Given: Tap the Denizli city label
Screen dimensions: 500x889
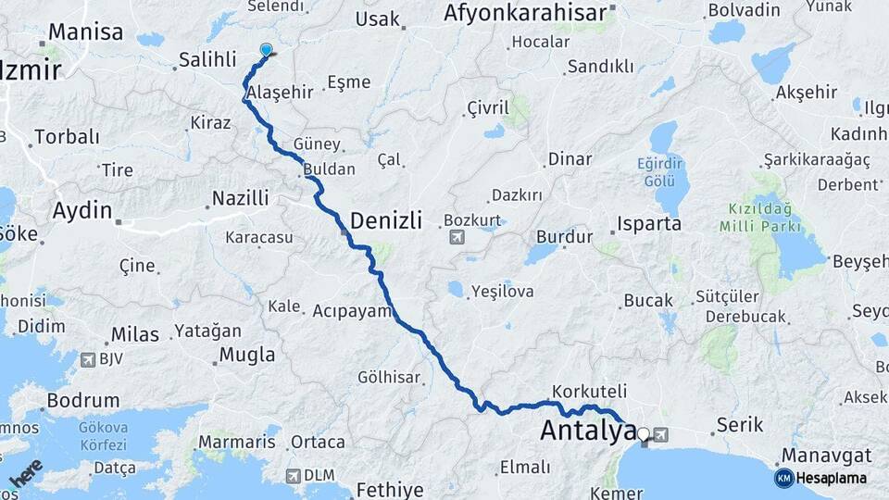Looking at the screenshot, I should point(386,221).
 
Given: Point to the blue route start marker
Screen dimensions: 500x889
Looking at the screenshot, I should point(267,51).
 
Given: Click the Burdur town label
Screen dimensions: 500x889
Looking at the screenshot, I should point(564,237).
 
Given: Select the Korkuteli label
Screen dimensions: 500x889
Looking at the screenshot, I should point(589,391).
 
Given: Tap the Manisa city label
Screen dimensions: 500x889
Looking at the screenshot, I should point(85,32).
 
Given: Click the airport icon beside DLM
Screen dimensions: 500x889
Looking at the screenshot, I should point(294,476).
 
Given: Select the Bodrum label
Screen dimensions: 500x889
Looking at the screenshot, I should point(82,402).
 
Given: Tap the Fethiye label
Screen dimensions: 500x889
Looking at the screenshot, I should point(389,490).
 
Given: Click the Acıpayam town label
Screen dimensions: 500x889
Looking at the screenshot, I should point(353,311).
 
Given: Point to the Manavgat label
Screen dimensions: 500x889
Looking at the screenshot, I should point(827,456).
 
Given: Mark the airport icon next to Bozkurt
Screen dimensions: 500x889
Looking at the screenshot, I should point(456,239).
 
